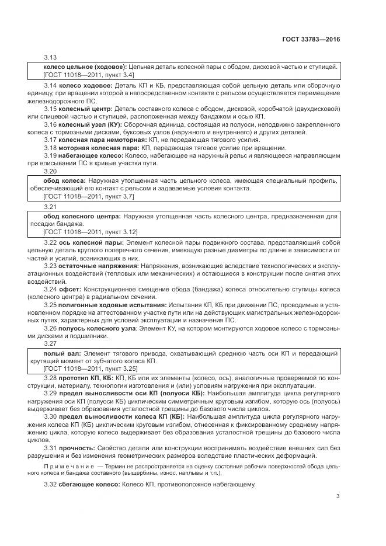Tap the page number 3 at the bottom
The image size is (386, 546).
click(338, 497)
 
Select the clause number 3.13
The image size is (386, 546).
click(51, 58)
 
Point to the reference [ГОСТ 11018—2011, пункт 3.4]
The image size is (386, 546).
click(89, 75)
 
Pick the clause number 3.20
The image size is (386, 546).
click(51, 172)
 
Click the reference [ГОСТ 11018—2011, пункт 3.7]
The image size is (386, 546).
click(89, 197)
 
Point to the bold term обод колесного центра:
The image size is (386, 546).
click(83, 216)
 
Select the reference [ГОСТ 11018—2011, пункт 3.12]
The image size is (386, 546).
click(91, 232)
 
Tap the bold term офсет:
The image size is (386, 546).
click(71, 289)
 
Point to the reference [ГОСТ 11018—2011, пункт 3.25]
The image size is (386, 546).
click(91, 370)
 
